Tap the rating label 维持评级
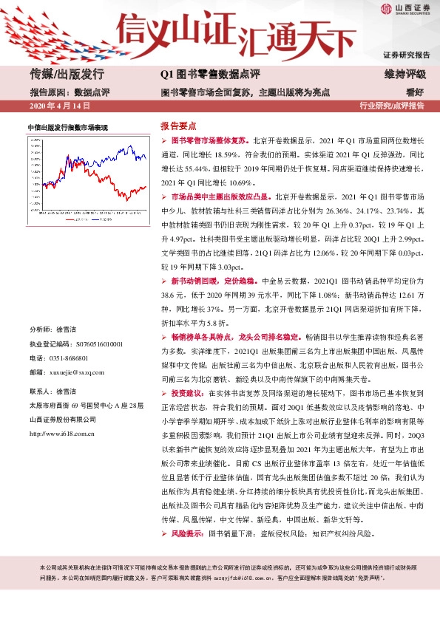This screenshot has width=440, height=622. [x=405, y=74]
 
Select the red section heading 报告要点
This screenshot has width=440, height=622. [x=178, y=126]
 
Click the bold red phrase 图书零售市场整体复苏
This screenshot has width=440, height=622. [x=209, y=140]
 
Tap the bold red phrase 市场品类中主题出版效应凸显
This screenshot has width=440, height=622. [x=220, y=198]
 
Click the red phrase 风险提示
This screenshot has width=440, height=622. [x=188, y=532]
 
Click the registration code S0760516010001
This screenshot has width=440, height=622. [x=98, y=344]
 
